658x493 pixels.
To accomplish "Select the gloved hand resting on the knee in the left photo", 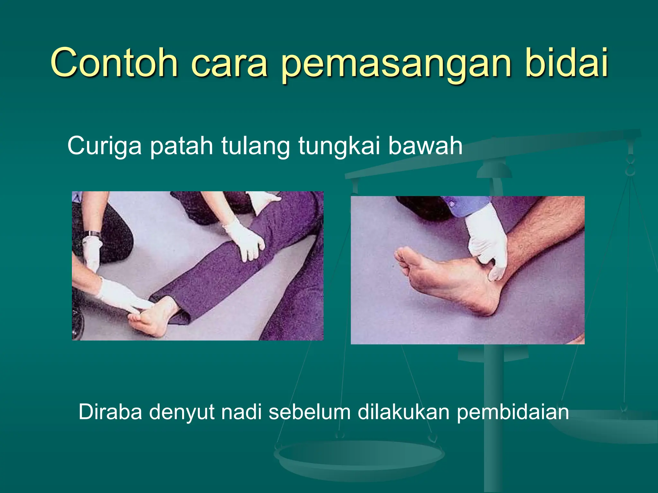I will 246,241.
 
